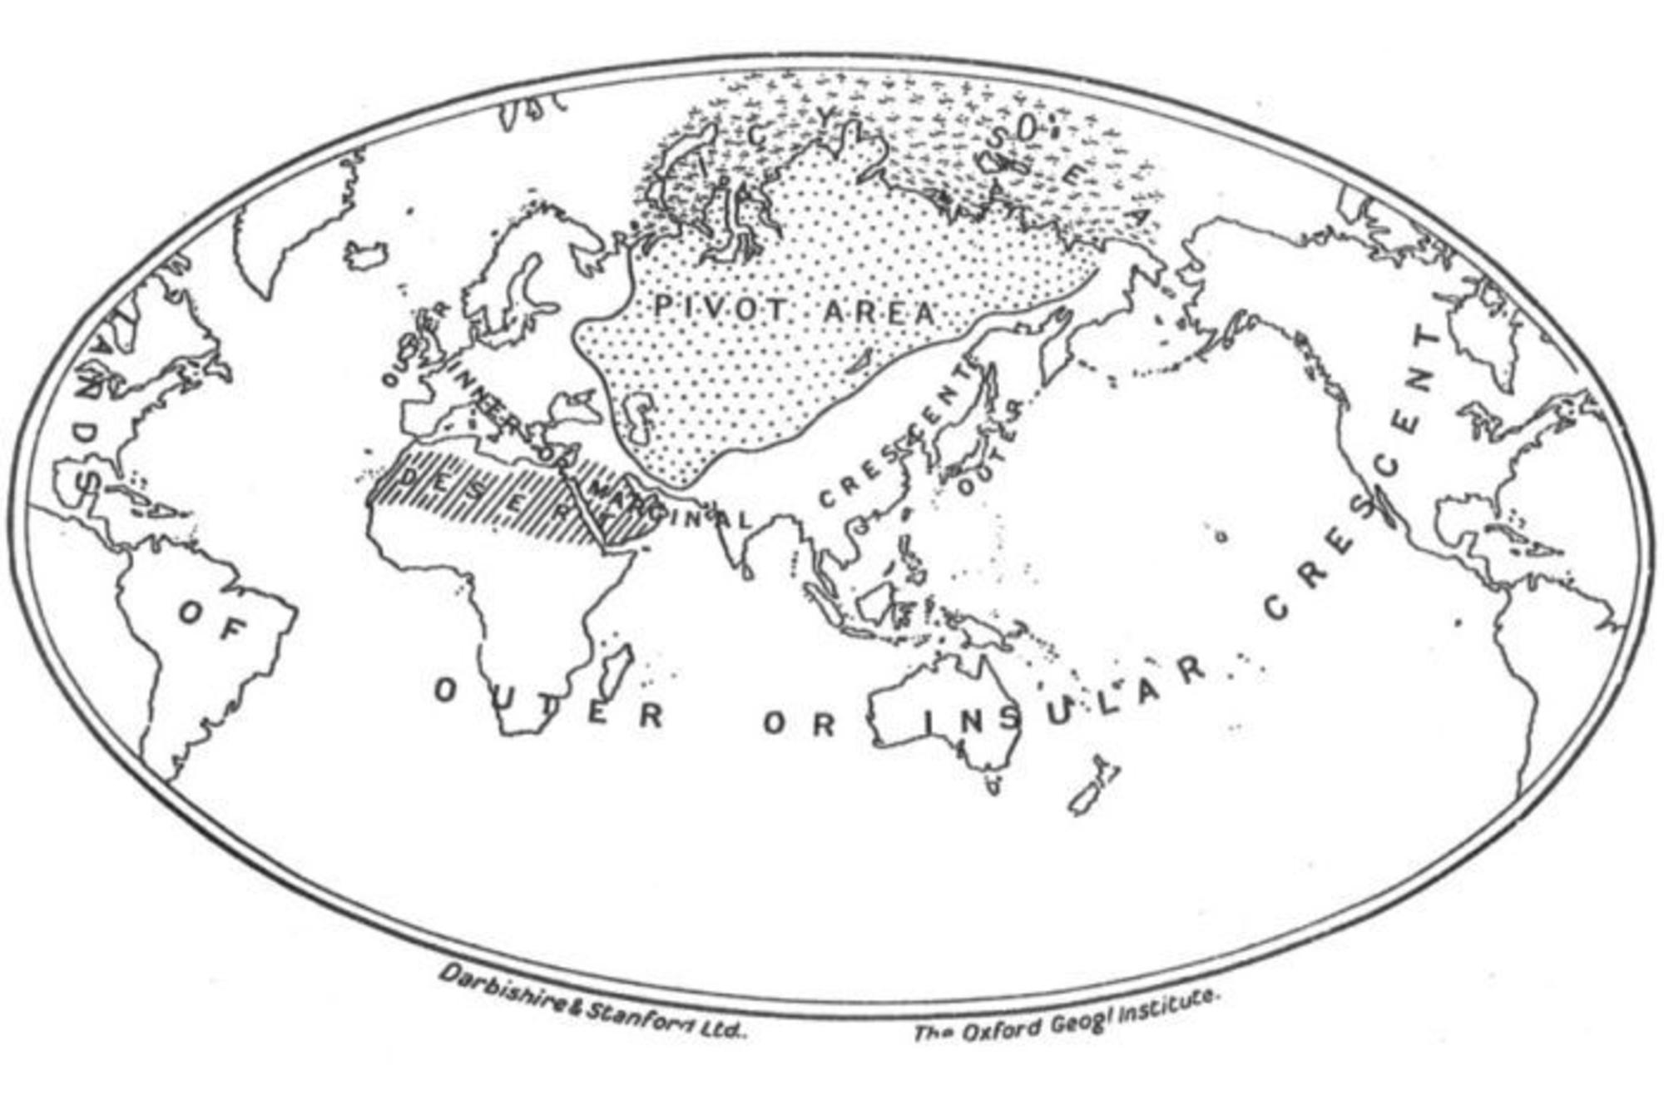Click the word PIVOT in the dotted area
[x=721, y=310]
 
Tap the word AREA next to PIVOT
[x=879, y=314]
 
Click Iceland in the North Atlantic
[x=365, y=253]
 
